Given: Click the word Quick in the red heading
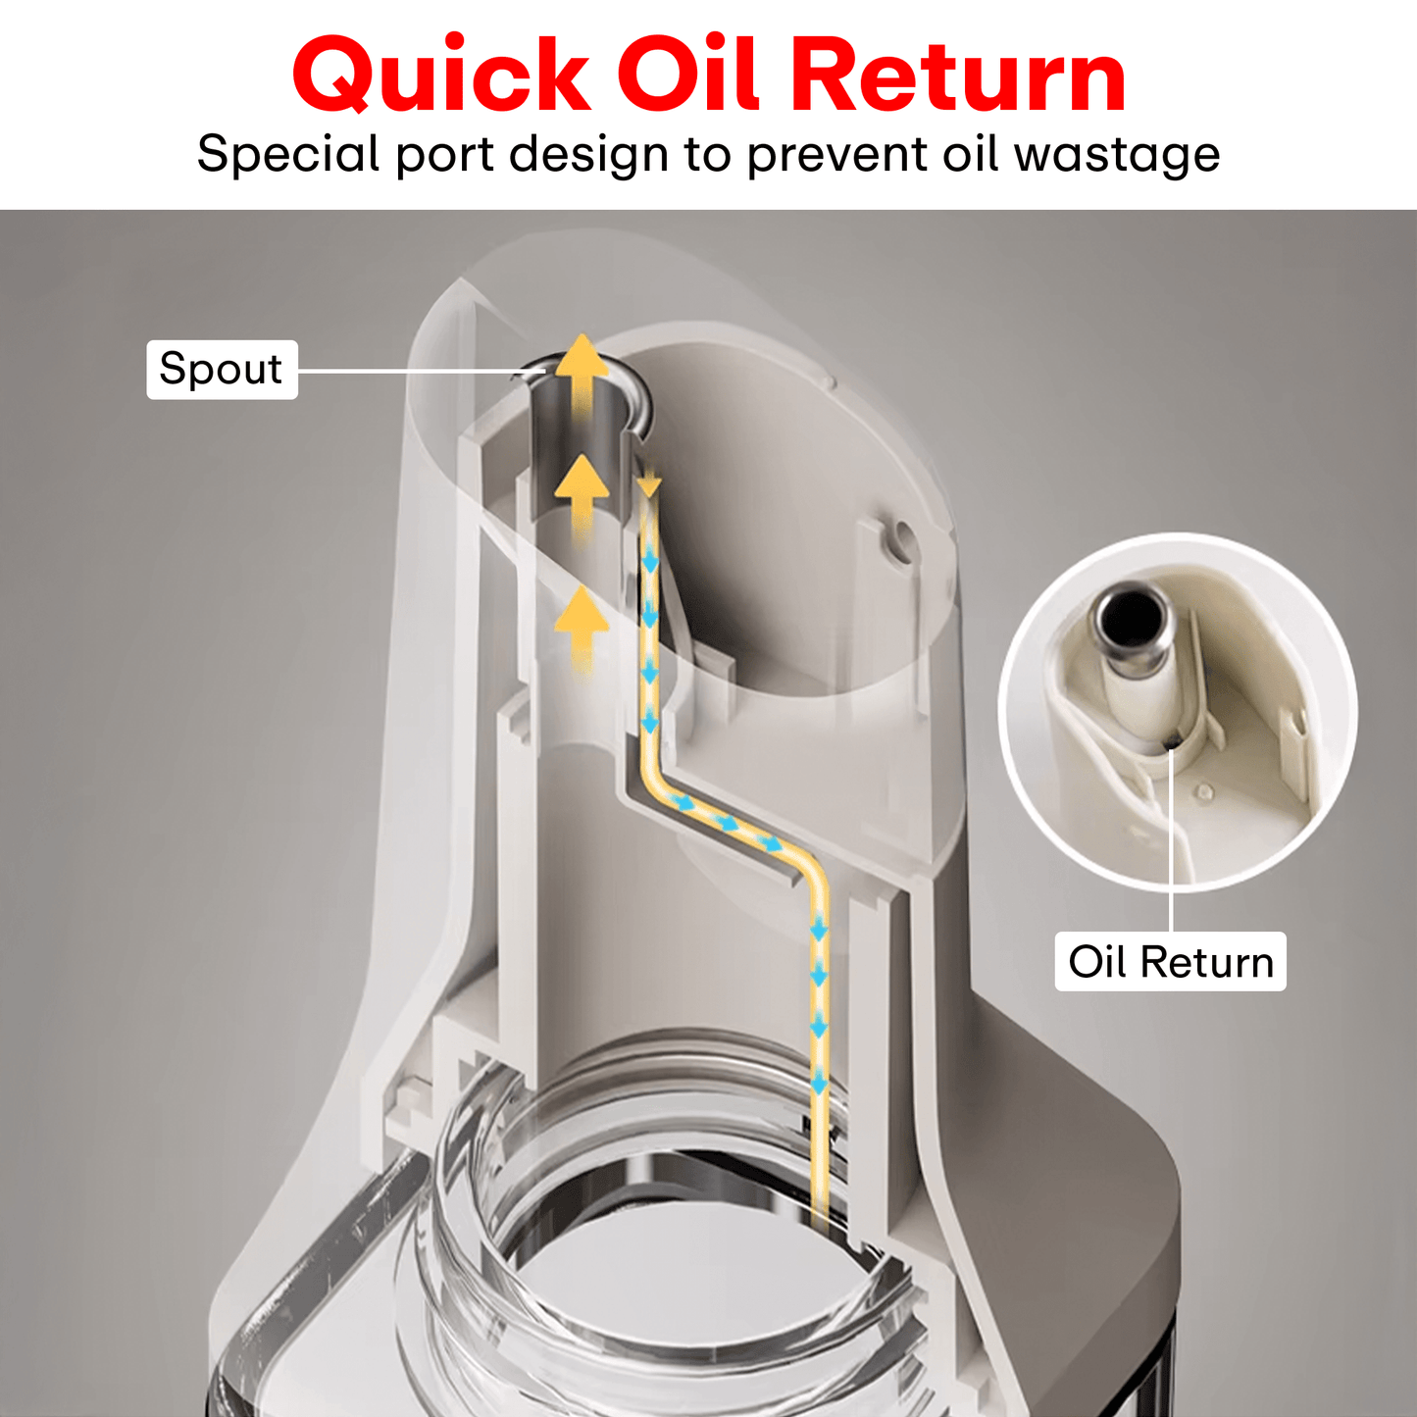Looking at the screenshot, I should click(x=440, y=76).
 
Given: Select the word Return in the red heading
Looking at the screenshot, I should click(x=957, y=76).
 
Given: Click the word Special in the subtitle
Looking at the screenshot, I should click(x=288, y=155).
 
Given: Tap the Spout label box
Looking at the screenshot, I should click(x=222, y=370).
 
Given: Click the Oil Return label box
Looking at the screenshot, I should click(x=1170, y=962).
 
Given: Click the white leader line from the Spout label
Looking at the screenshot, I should click(x=412, y=371).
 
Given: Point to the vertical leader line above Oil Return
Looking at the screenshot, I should click(x=1172, y=843).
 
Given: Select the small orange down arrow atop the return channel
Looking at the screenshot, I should click(x=648, y=484).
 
